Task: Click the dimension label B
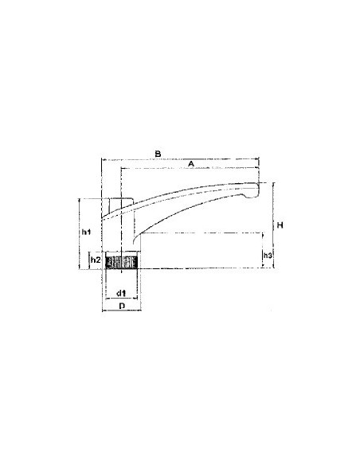(158, 154)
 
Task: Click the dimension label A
(191, 164)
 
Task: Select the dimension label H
(280, 225)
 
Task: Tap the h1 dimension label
(86, 232)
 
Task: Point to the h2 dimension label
(96, 260)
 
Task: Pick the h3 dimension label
(268, 255)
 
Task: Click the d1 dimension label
(121, 293)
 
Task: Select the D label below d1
(122, 306)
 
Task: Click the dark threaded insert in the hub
(122, 262)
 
